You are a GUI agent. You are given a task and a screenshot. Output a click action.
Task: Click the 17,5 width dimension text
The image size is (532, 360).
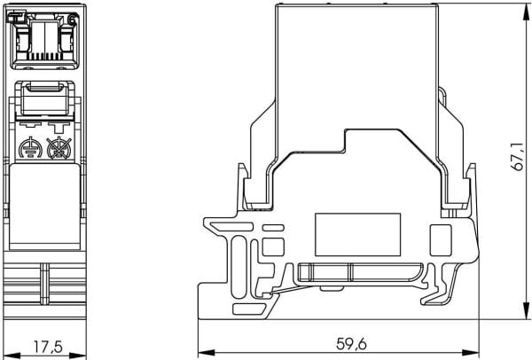click(48, 347)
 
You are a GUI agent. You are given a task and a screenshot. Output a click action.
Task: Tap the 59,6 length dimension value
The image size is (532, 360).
click(351, 344)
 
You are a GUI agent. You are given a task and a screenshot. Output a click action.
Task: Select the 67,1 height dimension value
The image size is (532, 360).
click(518, 156)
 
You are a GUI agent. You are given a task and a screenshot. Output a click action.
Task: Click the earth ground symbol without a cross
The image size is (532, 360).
click(30, 148)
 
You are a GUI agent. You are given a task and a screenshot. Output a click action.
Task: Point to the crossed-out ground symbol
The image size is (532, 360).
click(59, 148)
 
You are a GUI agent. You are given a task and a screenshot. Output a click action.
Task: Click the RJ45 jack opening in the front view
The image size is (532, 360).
click(45, 40)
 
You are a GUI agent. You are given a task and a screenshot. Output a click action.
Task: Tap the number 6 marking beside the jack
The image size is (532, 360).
click(73, 20)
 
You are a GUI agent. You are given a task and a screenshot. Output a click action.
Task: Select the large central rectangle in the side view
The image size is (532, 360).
click(357, 234)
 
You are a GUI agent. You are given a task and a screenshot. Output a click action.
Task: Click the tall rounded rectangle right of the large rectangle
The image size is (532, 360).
click(441, 240)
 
